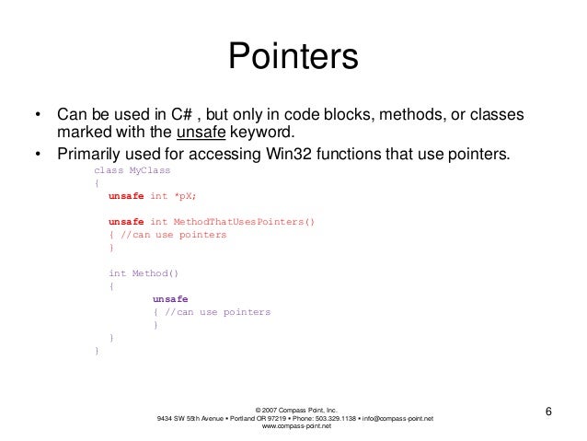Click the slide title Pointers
pyautogui.click(x=293, y=58)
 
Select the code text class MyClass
pyautogui.click(x=132, y=170)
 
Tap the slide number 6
pyautogui.click(x=549, y=411)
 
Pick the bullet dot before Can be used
pyautogui.click(x=38, y=117)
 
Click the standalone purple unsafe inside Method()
pyautogui.click(x=170, y=299)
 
